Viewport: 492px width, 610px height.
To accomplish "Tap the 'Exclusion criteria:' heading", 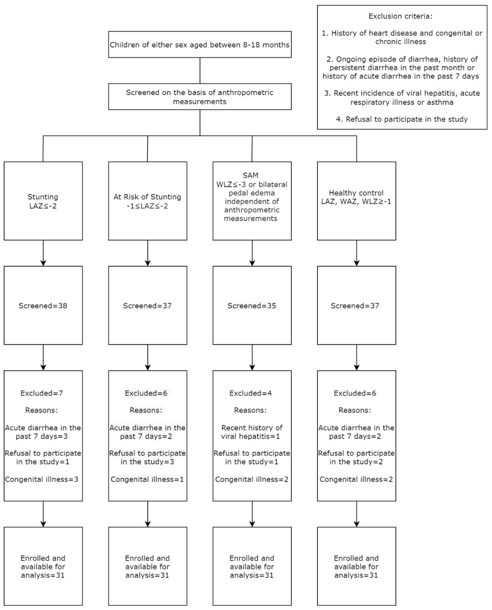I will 400,16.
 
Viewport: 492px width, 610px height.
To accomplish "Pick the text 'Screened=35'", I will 252,306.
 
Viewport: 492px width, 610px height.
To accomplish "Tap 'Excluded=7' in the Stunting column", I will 42,393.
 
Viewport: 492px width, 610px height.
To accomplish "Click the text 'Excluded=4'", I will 251,393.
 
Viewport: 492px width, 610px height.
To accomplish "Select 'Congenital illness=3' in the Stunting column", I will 42,479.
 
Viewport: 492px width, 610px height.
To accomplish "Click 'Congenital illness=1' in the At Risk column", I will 147,479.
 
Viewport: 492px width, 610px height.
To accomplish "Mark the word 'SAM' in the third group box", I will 251,175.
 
